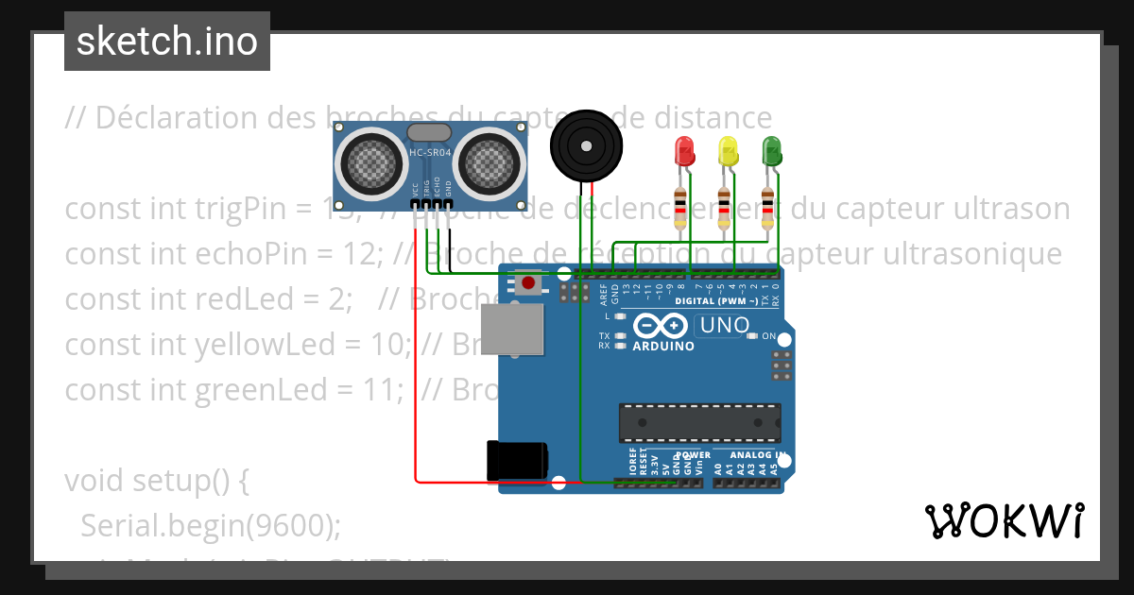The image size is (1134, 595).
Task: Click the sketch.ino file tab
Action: [167, 42]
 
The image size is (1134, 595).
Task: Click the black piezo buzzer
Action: [587, 146]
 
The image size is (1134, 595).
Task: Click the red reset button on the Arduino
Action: [528, 282]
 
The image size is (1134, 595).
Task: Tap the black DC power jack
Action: [516, 460]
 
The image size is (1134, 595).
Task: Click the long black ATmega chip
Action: [700, 422]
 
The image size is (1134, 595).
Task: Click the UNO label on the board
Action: [722, 327]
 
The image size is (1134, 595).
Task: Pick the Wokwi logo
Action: [1004, 520]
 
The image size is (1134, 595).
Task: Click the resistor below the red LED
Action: [680, 209]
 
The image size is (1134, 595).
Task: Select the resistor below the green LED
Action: [769, 209]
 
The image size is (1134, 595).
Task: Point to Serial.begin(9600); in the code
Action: [210, 525]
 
